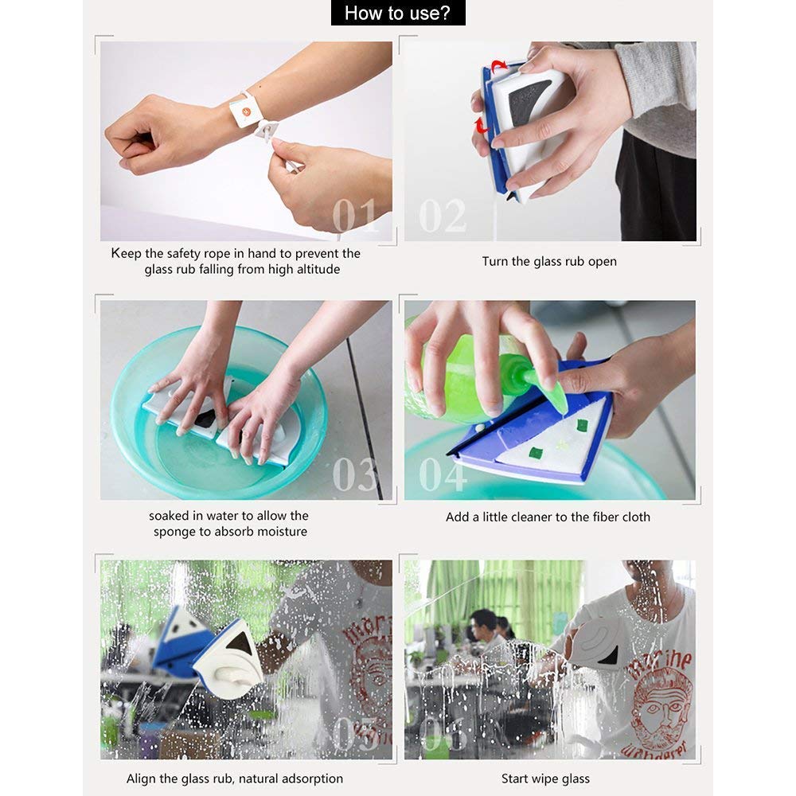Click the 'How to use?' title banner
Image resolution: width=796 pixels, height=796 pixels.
click(x=397, y=13)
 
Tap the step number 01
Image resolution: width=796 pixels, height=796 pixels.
click(x=355, y=216)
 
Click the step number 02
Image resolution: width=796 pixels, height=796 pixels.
click(x=443, y=216)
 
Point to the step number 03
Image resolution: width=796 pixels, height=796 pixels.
click(x=355, y=474)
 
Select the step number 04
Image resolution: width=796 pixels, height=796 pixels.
click(x=443, y=474)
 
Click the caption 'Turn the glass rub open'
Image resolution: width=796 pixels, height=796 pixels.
click(x=549, y=261)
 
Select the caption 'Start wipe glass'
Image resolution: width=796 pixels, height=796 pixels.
click(x=545, y=778)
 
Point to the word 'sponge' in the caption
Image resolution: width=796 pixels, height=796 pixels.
click(x=177, y=532)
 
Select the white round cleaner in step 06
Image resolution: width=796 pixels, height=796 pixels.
click(x=597, y=641)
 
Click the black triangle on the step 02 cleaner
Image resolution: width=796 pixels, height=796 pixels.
click(x=527, y=100)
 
